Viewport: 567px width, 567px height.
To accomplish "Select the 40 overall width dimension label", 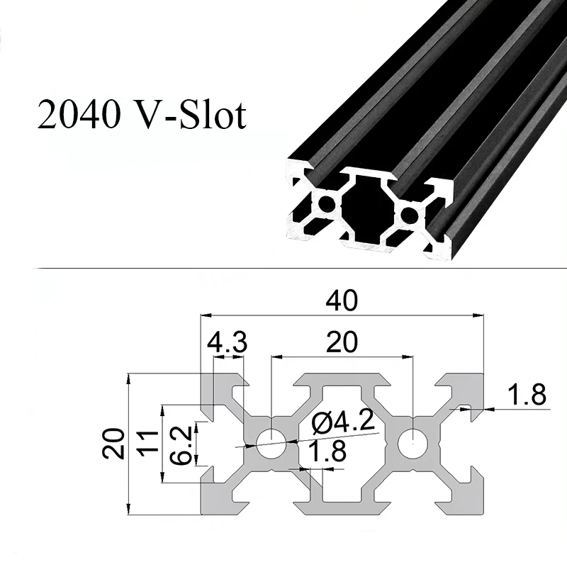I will tap(342, 301).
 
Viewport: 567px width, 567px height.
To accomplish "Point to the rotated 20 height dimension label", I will tap(114, 443).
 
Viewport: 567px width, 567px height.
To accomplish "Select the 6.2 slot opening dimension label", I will tap(181, 444).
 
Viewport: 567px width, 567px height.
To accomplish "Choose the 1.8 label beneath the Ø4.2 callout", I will tap(323, 452).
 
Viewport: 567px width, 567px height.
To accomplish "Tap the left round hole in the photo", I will tap(327, 204).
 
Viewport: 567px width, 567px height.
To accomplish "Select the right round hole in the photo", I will tap(408, 213).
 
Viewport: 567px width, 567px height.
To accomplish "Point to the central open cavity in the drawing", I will tap(342, 443).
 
